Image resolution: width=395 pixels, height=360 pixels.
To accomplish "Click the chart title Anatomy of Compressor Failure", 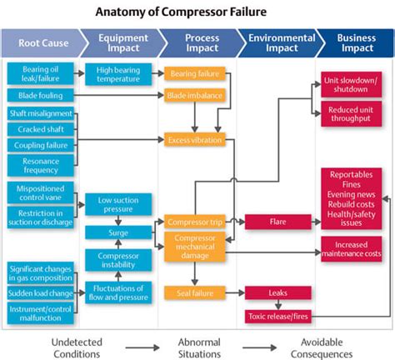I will (197, 12).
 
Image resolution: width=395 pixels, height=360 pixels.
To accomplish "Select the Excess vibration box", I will (194, 140).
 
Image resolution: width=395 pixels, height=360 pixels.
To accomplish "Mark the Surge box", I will (118, 232).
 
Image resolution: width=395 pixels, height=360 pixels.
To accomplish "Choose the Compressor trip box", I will (194, 222).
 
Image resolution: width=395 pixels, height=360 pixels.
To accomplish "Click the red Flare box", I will (277, 222).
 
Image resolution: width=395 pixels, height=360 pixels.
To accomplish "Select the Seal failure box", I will (194, 292).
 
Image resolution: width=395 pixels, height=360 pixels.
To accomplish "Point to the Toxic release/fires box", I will (277, 316).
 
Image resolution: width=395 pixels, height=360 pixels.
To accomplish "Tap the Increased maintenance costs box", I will (351, 248).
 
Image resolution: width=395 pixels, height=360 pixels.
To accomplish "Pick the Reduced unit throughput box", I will (351, 112).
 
